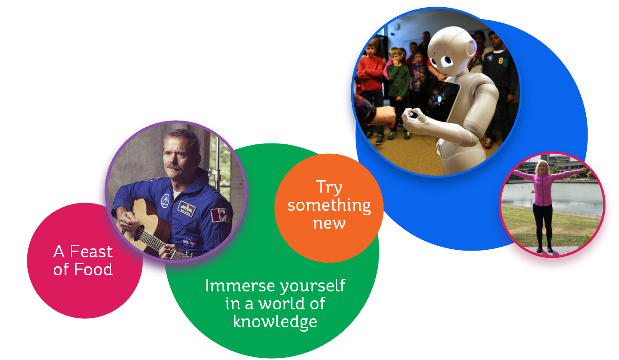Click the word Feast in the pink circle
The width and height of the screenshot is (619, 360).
pos(91,252)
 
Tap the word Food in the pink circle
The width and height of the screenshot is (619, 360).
pos(93,269)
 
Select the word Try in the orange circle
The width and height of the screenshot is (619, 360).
pos(329,188)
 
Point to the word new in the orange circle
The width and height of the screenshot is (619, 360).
pos(329,223)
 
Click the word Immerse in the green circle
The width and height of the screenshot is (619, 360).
pos(240,286)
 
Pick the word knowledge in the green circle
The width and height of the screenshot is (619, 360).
pos(275,322)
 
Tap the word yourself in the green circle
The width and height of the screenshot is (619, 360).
pos(313,286)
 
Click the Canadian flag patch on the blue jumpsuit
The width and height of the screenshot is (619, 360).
pos(220,215)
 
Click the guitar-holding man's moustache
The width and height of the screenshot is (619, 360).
pos(174,167)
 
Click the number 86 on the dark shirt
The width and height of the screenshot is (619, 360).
pos(503,62)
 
